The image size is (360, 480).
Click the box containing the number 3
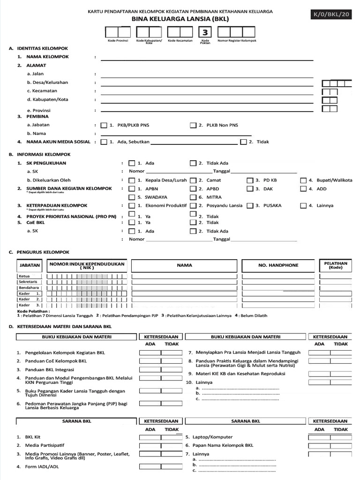pos(205,32)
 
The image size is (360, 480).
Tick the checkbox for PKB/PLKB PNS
pos(104,126)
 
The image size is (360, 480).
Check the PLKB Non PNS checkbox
pos(193,126)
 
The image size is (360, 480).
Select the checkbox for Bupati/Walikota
pos(304,180)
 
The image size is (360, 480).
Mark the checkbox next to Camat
pos(193,180)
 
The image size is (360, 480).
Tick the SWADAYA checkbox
pos(132,197)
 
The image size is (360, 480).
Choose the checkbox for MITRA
pos(193,197)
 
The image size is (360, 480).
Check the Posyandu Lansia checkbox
pos(193,206)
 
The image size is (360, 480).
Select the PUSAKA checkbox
pos(250,206)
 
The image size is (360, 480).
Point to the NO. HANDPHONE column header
pos(278,265)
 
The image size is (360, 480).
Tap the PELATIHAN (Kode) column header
pos(335,265)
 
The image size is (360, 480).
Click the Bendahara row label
pos(29,287)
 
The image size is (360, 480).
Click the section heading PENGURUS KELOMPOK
pos(43,252)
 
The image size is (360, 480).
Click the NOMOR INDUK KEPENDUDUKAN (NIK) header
pos(87,265)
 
